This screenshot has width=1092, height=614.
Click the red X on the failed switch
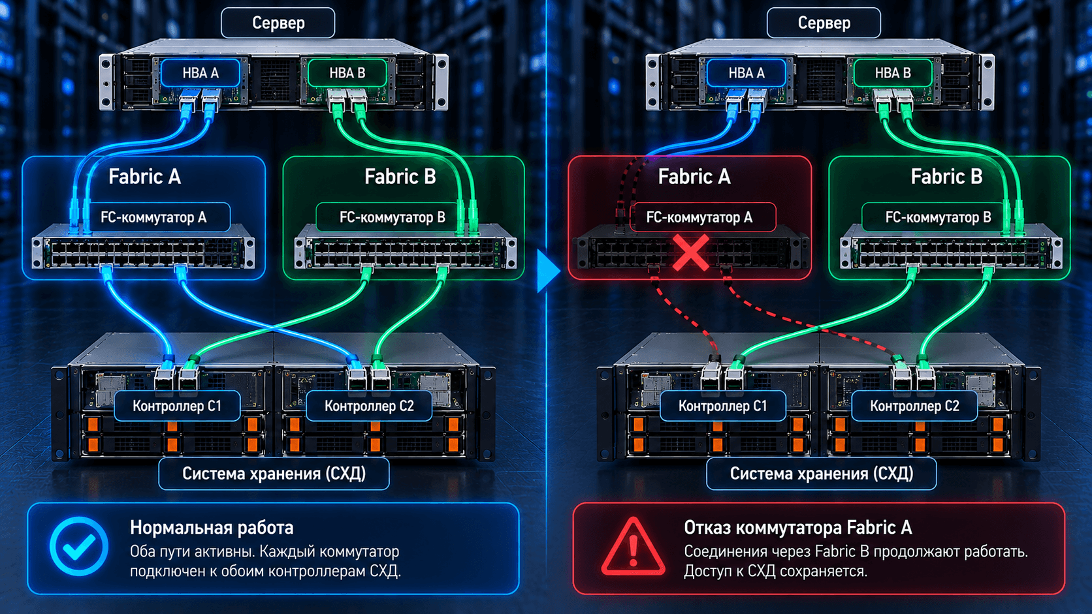[691, 253]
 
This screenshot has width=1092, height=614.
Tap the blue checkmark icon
[79, 546]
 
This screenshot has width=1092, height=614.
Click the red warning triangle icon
[633, 547]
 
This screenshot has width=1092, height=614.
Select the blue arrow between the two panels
[548, 271]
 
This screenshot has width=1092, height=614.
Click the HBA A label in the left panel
[201, 73]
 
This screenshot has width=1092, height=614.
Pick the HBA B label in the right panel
[893, 73]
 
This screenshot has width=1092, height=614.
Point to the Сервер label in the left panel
[278, 23]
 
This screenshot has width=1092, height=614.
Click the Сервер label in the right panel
[824, 23]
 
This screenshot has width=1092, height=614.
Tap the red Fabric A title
[694, 176]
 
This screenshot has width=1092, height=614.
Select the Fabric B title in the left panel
[400, 176]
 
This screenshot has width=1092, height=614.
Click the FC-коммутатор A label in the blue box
[153, 217]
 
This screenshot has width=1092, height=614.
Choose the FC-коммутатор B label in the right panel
[938, 217]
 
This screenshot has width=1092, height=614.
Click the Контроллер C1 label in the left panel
[177, 406]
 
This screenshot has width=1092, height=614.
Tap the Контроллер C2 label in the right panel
[914, 406]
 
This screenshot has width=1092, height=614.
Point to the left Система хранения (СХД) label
[274, 473]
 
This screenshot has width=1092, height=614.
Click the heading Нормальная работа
[212, 527]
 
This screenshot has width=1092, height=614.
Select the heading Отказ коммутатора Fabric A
[797, 527]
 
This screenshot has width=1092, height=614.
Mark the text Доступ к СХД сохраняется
[775, 571]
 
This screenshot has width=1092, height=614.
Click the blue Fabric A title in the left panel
[145, 176]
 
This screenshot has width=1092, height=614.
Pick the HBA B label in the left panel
[347, 73]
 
